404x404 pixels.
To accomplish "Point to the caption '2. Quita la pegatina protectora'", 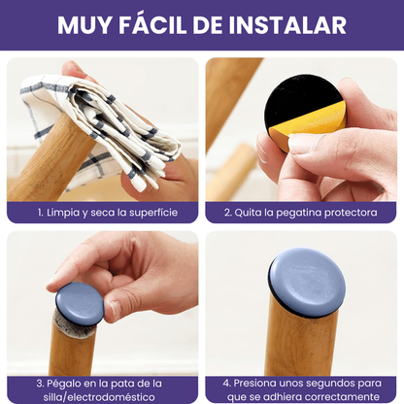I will [301, 212].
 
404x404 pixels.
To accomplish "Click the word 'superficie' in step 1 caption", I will [151, 212].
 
